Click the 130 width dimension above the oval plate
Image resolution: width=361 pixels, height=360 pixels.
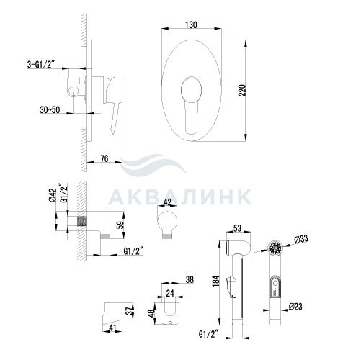[x=191, y=24]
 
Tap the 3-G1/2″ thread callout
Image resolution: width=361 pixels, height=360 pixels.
[x=41, y=65]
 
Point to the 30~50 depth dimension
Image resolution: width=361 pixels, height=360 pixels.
[x=50, y=110]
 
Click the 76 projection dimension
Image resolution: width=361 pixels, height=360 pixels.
[x=104, y=158]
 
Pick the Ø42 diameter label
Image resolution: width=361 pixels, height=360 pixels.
[x=53, y=195]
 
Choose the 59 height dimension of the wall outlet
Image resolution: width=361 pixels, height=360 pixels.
[x=121, y=225]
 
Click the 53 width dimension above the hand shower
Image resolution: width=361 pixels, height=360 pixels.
[x=237, y=228]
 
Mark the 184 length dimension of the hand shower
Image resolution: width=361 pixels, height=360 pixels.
[x=216, y=281]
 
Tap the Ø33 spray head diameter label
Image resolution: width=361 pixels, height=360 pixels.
[x=300, y=239]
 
